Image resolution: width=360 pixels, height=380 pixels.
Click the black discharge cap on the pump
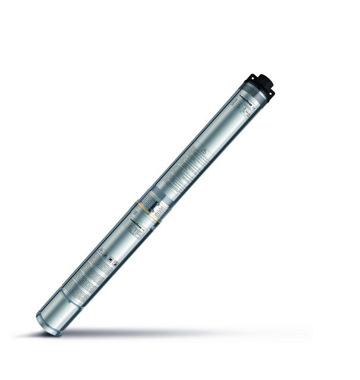point(262,82)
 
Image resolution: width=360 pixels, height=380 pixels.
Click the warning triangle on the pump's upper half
point(203,152)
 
